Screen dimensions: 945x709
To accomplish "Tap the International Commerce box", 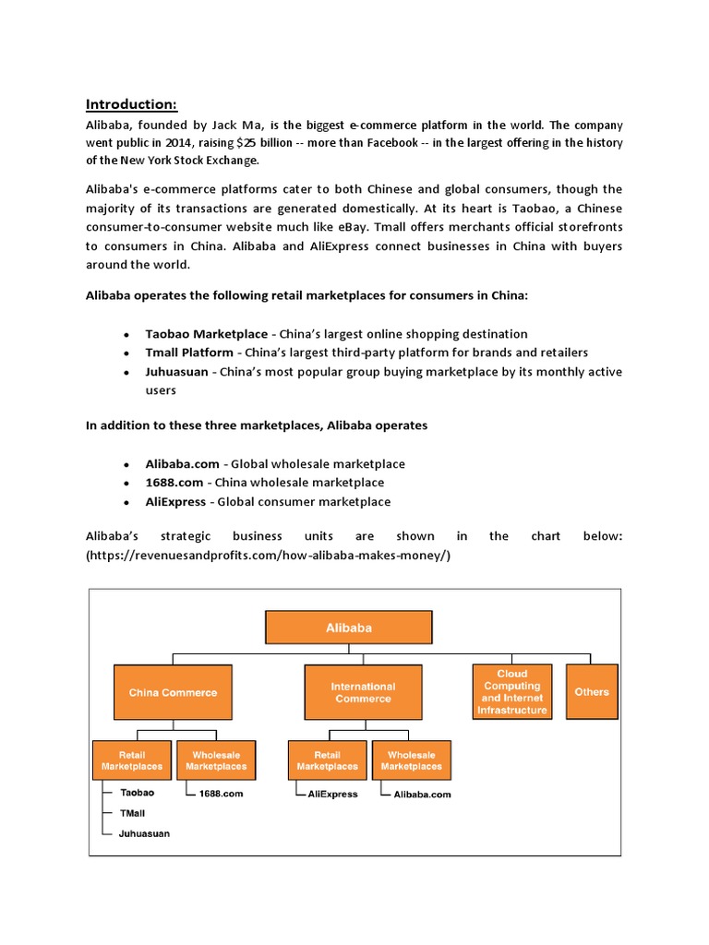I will point(363,692).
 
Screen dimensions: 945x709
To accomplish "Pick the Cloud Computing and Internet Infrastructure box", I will point(512,692).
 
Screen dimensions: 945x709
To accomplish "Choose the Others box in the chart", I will point(591,692).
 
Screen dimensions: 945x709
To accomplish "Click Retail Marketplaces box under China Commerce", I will point(132,760).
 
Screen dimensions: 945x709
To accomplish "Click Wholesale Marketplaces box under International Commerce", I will point(412,760).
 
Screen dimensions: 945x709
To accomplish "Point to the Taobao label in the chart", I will point(138,793).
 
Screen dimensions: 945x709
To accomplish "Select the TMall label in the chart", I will point(133,813).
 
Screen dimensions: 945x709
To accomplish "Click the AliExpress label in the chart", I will point(332,794).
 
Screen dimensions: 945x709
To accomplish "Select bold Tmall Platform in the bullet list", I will point(189,353).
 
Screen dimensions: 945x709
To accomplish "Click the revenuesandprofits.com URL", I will point(268,556).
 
